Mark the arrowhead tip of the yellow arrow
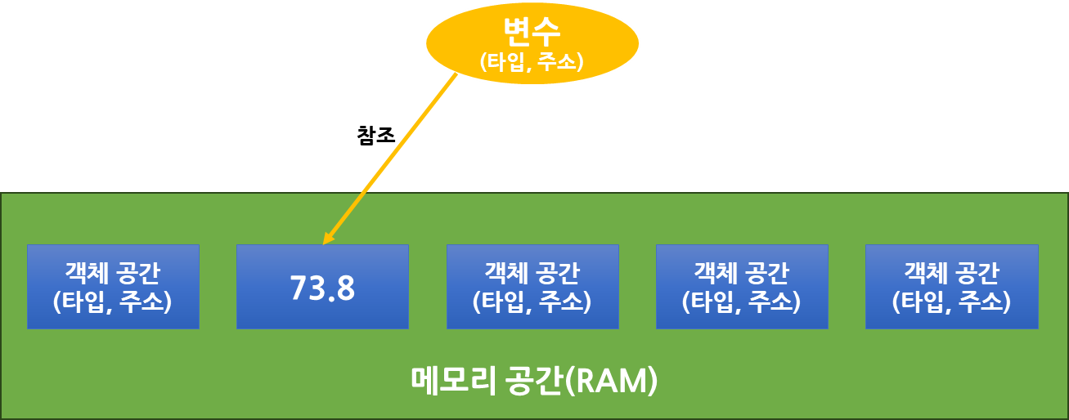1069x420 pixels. (324, 244)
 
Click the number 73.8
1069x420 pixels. (322, 288)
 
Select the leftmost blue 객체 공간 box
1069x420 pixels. (113, 286)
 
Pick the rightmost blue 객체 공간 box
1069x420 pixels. (951, 286)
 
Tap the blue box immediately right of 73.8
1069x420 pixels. (532, 286)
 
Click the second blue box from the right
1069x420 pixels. (742, 286)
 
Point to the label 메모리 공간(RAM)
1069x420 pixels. (533, 381)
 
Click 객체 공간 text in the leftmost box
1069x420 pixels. (113, 271)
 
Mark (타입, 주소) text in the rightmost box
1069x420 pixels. (951, 302)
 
